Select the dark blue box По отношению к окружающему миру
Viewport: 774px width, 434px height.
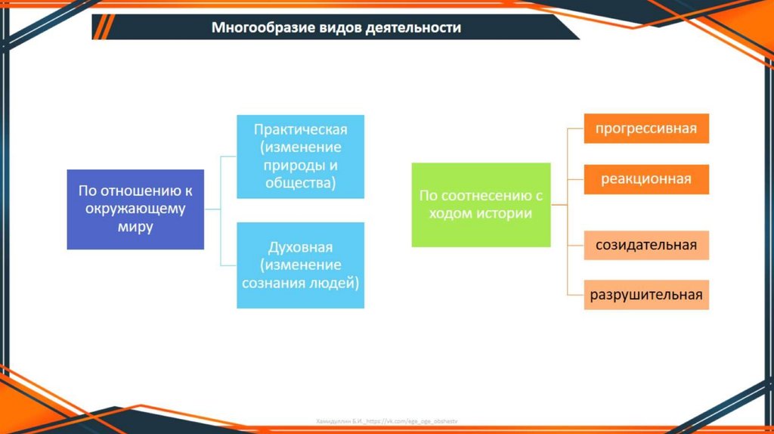[135, 209]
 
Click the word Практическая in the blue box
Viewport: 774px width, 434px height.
[301, 129]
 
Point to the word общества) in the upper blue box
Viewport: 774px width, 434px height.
[301, 183]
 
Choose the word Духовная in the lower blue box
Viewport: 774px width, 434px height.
[301, 247]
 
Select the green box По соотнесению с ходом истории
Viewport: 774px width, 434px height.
[481, 204]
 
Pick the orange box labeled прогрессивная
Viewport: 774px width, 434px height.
[646, 128]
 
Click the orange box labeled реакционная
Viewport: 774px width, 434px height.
[646, 179]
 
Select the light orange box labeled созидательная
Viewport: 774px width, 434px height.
[646, 245]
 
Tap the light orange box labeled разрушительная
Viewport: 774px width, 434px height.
[646, 294]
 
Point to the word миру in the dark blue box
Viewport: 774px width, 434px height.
[135, 227]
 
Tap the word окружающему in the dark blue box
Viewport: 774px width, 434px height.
[135, 209]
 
